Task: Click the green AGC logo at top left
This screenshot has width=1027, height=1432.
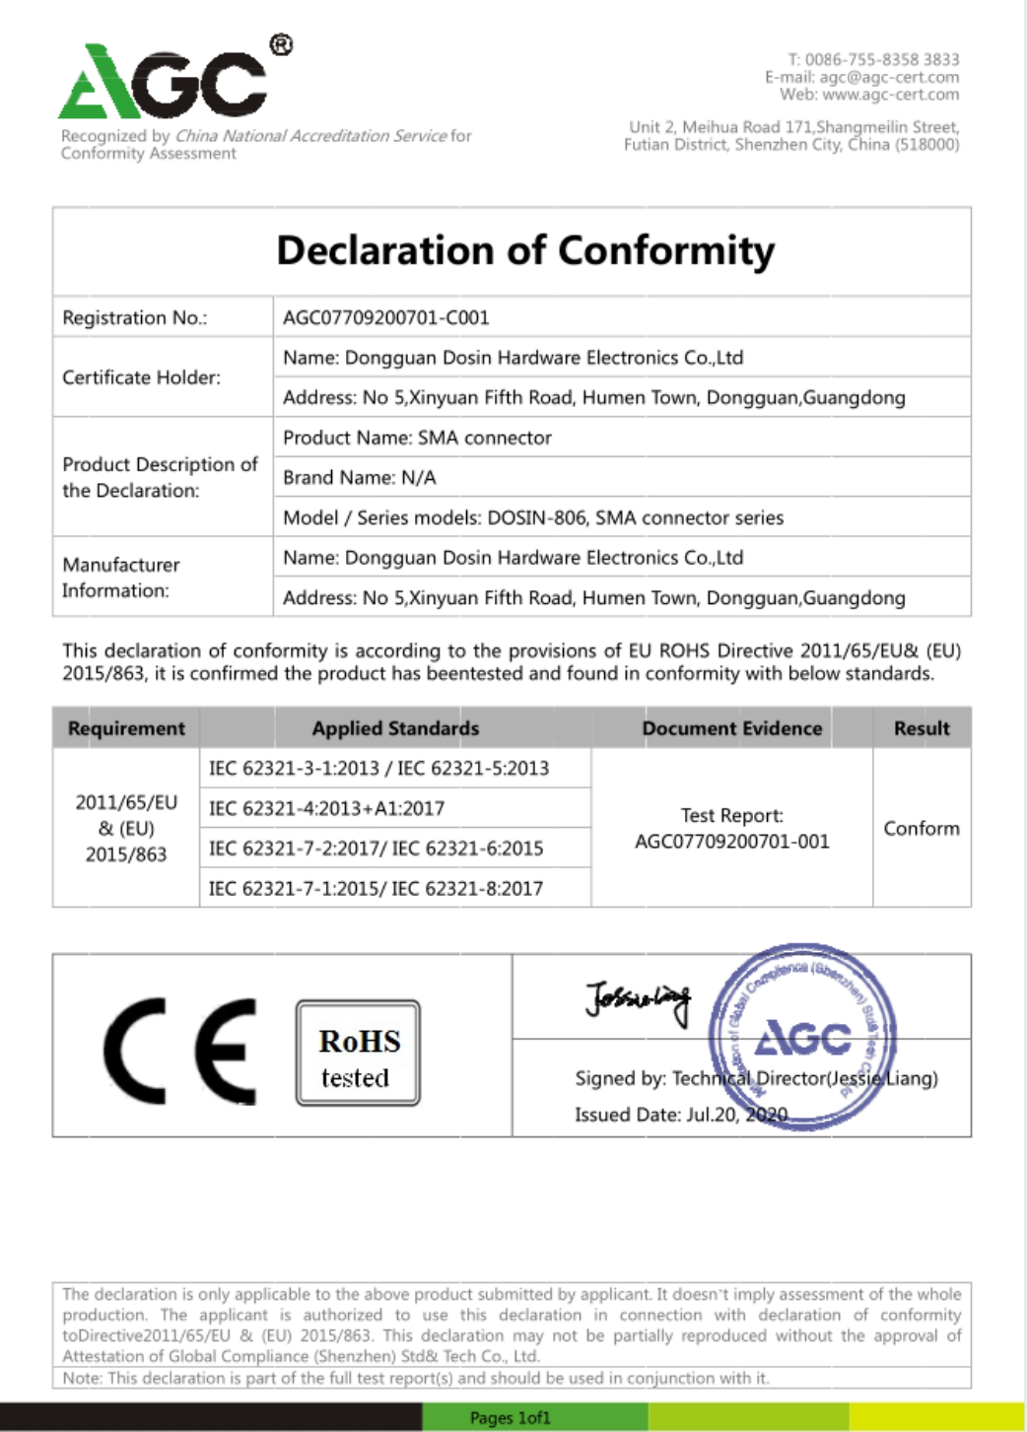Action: pyautogui.click(x=164, y=81)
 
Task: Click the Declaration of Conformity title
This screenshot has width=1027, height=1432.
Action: pyautogui.click(x=525, y=250)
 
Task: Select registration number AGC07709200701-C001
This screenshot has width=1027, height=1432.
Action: pyautogui.click(x=385, y=317)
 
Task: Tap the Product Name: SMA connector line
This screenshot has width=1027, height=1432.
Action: pyautogui.click(x=417, y=438)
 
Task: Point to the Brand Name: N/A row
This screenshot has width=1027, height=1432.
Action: pyautogui.click(x=359, y=478)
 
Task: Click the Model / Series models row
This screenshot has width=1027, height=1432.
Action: pyautogui.click(x=532, y=517)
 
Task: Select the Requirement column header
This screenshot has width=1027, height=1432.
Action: pyautogui.click(x=126, y=728)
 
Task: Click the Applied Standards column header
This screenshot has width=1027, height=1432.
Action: pyautogui.click(x=395, y=728)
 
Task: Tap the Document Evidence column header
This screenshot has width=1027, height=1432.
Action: pyautogui.click(x=731, y=728)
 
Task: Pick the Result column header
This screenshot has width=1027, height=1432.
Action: pyautogui.click(x=922, y=728)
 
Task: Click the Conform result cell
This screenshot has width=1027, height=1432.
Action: pyautogui.click(x=922, y=828)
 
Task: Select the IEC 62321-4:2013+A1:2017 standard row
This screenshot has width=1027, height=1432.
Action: pyautogui.click(x=326, y=808)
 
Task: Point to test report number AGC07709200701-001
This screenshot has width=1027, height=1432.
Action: pyautogui.click(x=732, y=842)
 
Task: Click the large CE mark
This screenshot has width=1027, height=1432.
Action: pyautogui.click(x=180, y=1051)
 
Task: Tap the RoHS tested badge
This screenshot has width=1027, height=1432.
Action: pyautogui.click(x=358, y=1053)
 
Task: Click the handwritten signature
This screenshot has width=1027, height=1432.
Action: pyautogui.click(x=638, y=999)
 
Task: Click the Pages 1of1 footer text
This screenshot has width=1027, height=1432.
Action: pyautogui.click(x=510, y=1417)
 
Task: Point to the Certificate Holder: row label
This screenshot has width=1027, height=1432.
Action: pyautogui.click(x=141, y=377)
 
